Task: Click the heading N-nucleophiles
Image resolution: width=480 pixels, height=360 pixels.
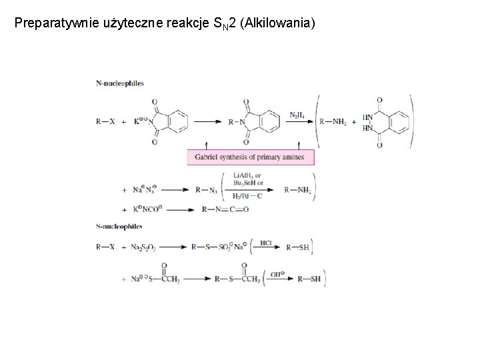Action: coord(120,83)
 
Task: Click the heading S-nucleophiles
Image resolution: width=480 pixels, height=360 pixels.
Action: coord(119,227)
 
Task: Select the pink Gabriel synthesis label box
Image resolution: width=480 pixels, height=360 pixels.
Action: coord(251,157)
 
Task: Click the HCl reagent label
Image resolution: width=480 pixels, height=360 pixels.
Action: coord(265,242)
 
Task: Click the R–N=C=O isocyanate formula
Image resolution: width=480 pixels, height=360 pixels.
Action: coord(225,209)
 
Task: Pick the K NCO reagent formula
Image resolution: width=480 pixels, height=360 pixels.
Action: coord(147,209)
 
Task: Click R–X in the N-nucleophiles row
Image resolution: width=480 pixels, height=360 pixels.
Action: coord(105,122)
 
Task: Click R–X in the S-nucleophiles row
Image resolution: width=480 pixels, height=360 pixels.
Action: coord(105,247)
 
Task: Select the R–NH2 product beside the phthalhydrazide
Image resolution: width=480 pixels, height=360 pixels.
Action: coord(333,122)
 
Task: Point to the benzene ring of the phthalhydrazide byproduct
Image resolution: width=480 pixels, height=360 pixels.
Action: coord(395,122)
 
